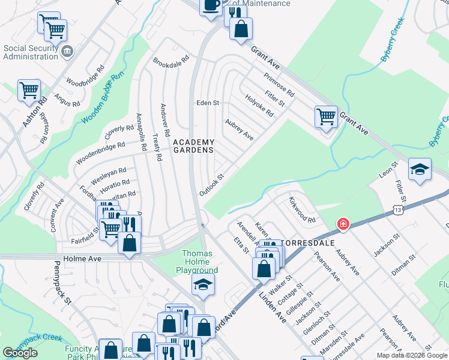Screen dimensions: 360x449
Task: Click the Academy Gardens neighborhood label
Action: click(193, 146)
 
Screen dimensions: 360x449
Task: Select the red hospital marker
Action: click(343, 224)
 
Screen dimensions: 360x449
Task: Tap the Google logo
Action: click(20, 353)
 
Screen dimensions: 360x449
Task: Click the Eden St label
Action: click(208, 103)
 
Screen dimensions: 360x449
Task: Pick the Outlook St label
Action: click(211, 185)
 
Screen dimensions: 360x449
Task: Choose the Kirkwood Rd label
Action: click(302, 209)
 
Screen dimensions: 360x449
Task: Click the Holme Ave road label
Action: click(80, 259)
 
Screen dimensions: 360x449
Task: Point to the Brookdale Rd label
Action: click(171, 62)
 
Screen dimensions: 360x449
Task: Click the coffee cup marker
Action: click(211, 6)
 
